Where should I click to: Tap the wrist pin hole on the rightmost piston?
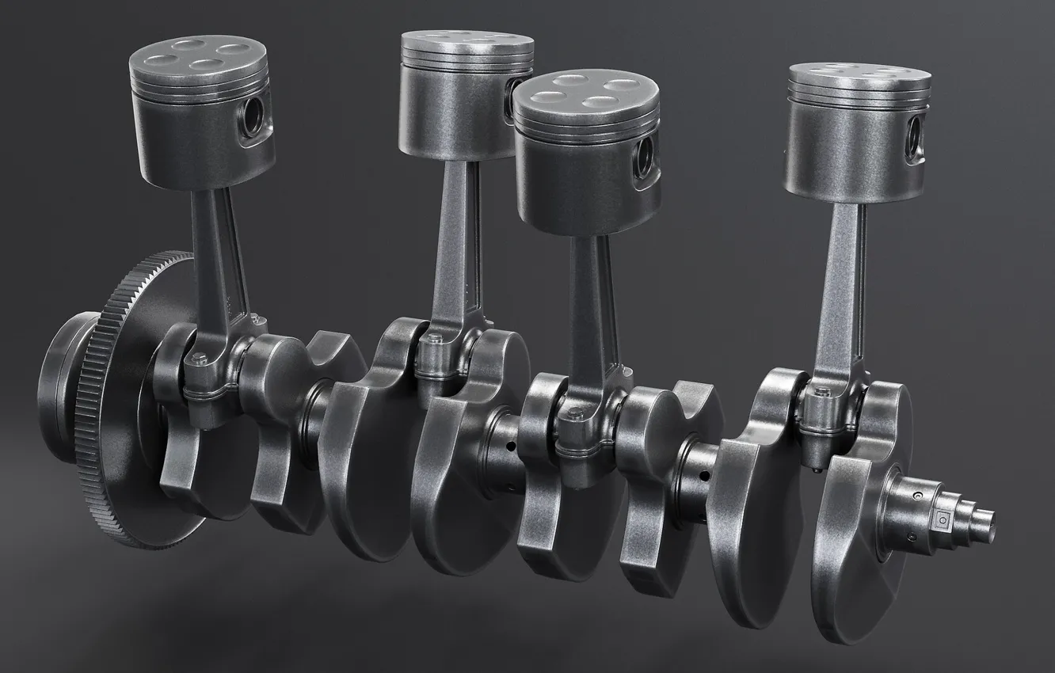pyautogui.click(x=918, y=135)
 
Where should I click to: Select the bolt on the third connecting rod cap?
pyautogui.click(x=566, y=416)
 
